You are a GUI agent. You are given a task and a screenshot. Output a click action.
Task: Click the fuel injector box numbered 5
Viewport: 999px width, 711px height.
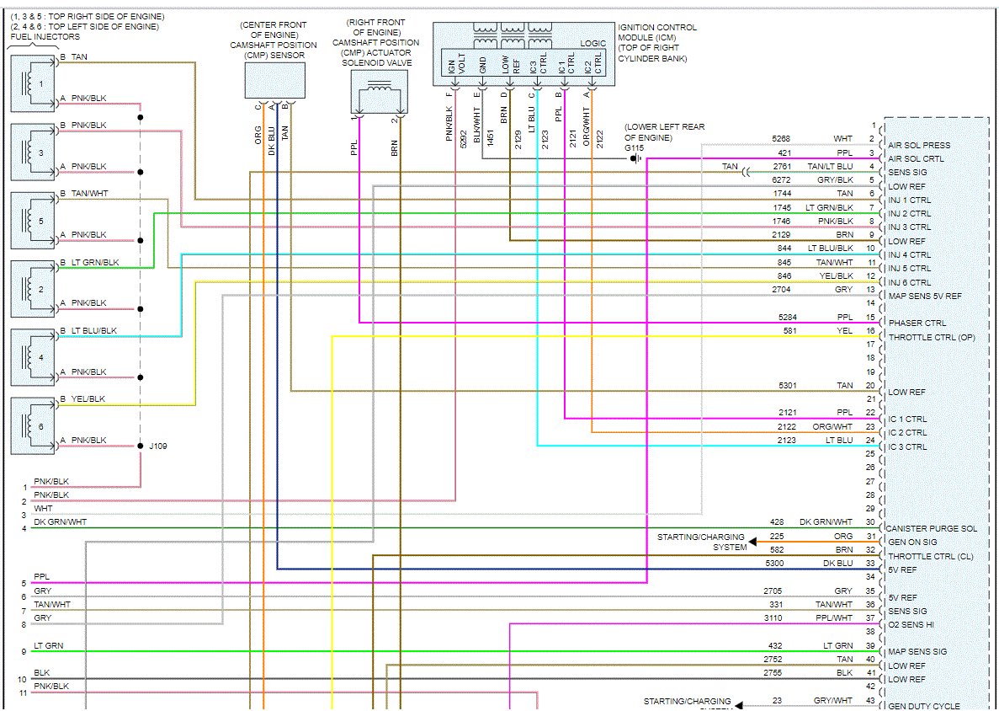(34, 221)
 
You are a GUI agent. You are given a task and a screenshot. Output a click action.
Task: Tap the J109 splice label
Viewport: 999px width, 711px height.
(157, 446)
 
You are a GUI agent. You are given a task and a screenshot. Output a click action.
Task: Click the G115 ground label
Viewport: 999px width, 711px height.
(634, 147)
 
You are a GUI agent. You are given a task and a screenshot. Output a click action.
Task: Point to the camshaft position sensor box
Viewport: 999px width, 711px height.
(274, 80)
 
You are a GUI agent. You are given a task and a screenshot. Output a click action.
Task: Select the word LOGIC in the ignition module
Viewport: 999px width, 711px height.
(592, 43)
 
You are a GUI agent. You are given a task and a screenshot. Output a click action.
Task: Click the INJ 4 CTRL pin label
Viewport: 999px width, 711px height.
(909, 254)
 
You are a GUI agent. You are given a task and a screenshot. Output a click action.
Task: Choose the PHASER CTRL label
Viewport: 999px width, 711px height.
(917, 323)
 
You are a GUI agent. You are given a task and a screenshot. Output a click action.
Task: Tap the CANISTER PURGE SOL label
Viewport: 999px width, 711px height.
(933, 529)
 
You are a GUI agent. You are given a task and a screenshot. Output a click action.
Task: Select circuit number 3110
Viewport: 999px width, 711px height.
(773, 618)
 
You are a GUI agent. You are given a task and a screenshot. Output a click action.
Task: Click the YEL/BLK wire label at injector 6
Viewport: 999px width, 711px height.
(88, 399)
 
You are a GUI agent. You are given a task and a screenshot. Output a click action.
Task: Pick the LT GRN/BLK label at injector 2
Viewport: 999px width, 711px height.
(95, 263)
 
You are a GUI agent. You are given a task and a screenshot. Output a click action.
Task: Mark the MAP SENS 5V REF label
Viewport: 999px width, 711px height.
(925, 296)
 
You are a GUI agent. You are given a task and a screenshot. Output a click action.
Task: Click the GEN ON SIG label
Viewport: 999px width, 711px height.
(912, 543)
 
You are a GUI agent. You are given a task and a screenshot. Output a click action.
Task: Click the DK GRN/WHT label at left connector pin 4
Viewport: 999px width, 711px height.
(60, 522)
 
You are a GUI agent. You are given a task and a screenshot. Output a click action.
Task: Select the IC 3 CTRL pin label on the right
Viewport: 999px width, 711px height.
(907, 446)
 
